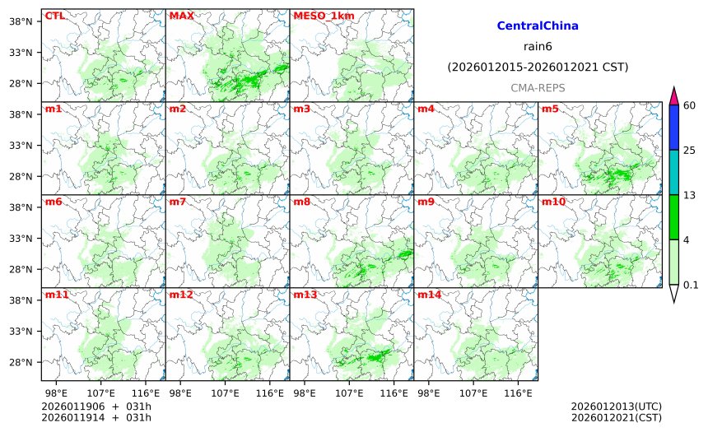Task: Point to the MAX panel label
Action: tap(181, 16)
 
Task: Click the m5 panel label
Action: tap(550, 109)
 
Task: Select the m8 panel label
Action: tap(301, 202)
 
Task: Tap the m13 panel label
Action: tap(305, 295)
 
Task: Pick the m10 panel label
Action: tap(552, 202)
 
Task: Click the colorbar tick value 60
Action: tap(690, 105)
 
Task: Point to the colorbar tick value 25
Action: tap(690, 150)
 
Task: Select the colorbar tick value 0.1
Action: tap(692, 286)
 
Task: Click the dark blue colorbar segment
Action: tap(673, 128)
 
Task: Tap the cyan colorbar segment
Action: tap(673, 172)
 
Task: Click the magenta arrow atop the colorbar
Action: tap(673, 95)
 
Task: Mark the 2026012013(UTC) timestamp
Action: tap(616, 406)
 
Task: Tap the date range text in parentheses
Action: tap(538, 67)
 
